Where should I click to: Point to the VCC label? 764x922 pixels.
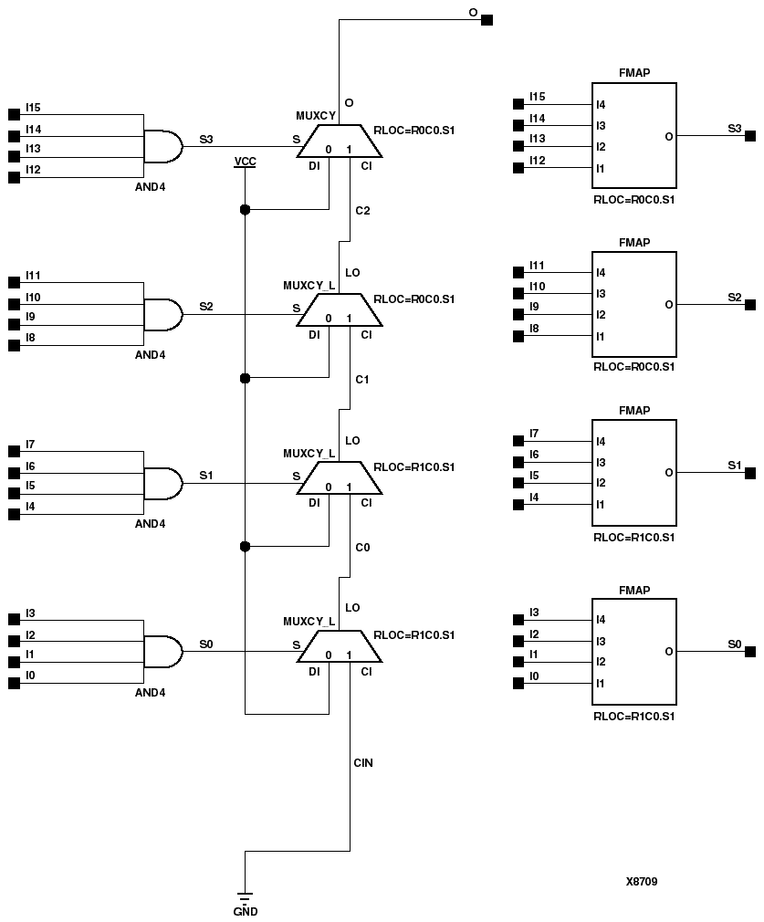click(x=245, y=161)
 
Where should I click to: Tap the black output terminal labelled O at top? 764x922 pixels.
click(x=487, y=19)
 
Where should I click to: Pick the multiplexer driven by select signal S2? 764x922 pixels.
click(x=340, y=313)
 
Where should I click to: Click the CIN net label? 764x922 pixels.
click(x=362, y=761)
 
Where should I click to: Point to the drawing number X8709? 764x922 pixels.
click(x=642, y=881)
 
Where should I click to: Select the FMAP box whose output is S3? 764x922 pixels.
click(x=634, y=136)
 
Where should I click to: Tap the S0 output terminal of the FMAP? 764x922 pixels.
click(x=750, y=652)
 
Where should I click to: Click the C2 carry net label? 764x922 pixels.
click(x=362, y=211)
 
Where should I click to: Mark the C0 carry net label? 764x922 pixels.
click(x=362, y=548)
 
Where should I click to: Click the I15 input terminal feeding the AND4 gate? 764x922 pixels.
click(x=14, y=115)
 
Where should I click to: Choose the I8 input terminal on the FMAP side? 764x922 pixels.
click(x=518, y=337)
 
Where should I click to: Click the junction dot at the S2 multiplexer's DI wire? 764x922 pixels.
click(x=245, y=378)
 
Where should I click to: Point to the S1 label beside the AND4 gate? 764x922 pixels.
click(x=206, y=476)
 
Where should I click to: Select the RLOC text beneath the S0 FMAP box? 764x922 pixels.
click(x=633, y=717)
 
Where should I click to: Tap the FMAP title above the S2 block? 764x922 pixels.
click(x=634, y=243)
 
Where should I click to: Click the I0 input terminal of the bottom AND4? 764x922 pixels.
click(x=14, y=683)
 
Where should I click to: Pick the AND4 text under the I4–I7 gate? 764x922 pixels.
click(x=150, y=524)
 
